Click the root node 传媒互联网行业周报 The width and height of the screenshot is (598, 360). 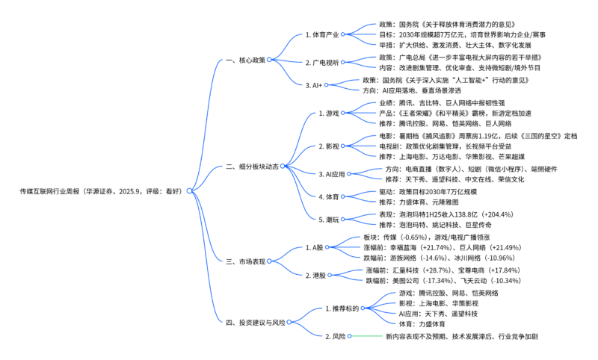pyautogui.click(x=101, y=191)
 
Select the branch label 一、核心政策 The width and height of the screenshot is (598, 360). pyautogui.click(x=244, y=60)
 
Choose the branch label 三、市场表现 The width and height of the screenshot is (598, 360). pyautogui.click(x=244, y=261)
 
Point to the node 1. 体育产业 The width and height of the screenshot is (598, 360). pyautogui.click(x=322, y=34)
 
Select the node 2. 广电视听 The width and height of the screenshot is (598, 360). pyautogui.click(x=322, y=62)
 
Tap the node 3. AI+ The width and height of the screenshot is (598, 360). pyautogui.click(x=316, y=85)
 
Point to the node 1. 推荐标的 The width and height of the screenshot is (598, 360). pyautogui.click(x=342, y=308)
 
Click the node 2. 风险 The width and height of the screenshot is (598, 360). pyautogui.click(x=335, y=337)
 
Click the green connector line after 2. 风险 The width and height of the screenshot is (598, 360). pyautogui.click(x=366, y=337)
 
